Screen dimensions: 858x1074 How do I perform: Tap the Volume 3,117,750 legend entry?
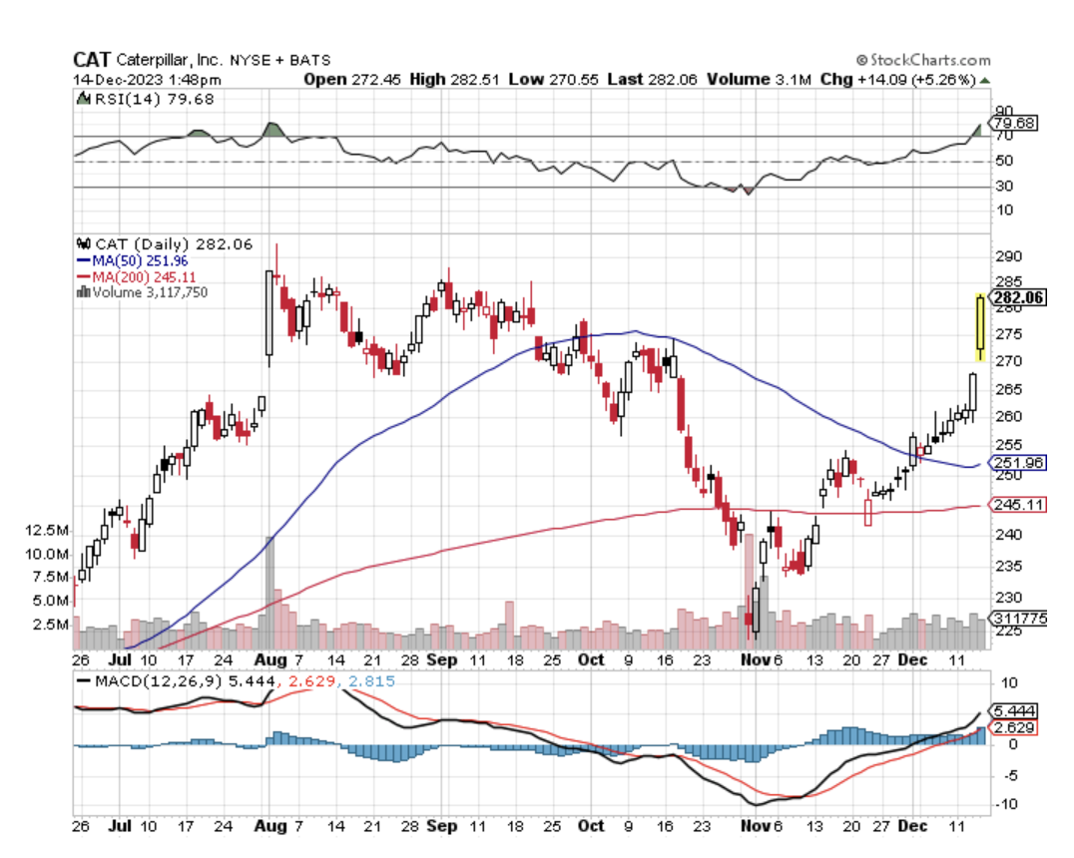tap(148, 292)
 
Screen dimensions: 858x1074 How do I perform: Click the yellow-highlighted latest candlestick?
tap(980, 327)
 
